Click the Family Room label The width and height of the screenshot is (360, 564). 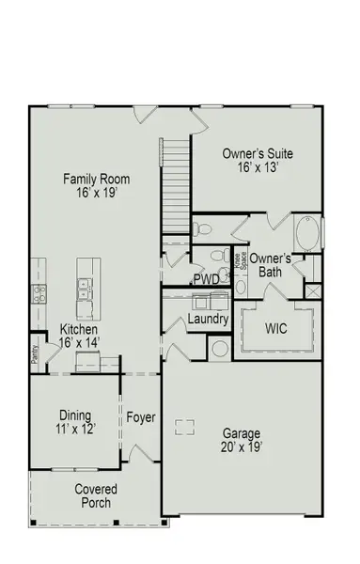click(x=96, y=180)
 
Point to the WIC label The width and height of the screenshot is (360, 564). click(x=276, y=329)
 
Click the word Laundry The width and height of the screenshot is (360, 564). click(x=208, y=320)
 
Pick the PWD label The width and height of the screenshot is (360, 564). click(x=207, y=279)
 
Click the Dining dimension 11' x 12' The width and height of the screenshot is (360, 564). click(x=74, y=429)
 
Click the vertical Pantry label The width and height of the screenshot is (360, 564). click(x=35, y=352)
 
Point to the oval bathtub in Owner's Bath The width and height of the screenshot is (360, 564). click(x=307, y=232)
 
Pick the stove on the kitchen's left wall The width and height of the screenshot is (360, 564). click(x=38, y=294)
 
